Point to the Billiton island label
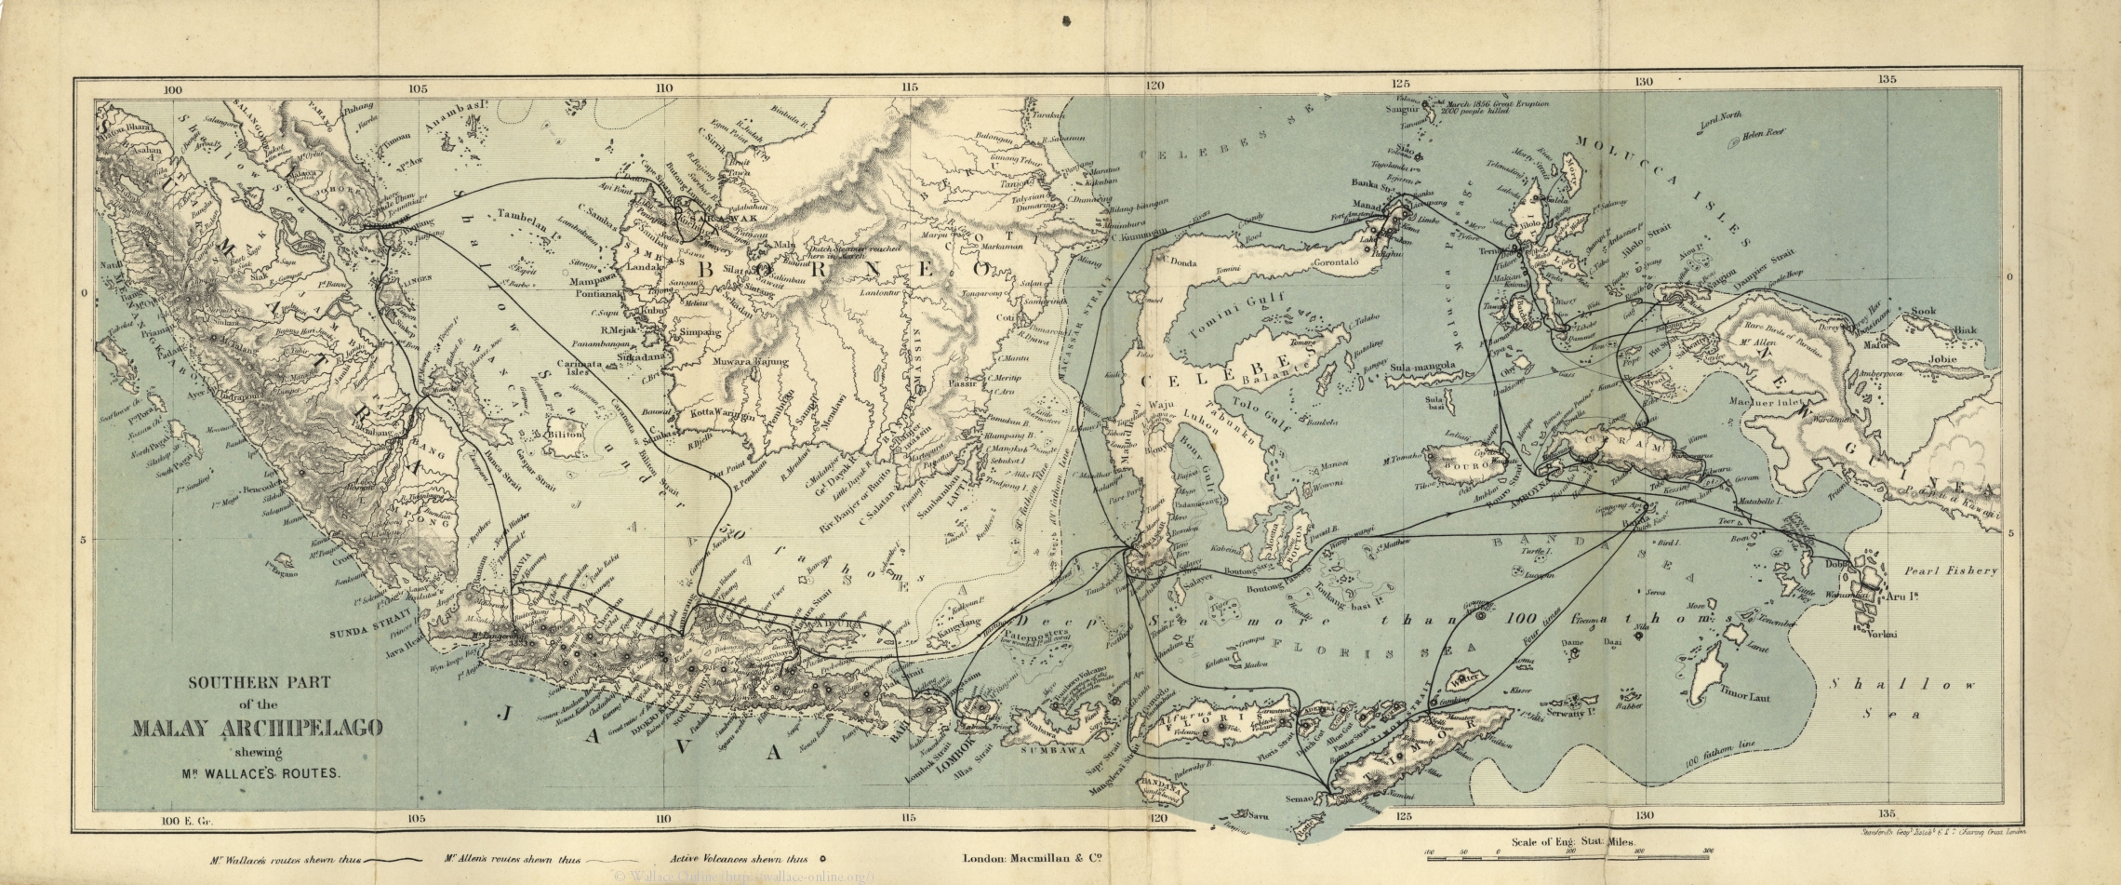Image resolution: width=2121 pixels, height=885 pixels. (564, 435)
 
